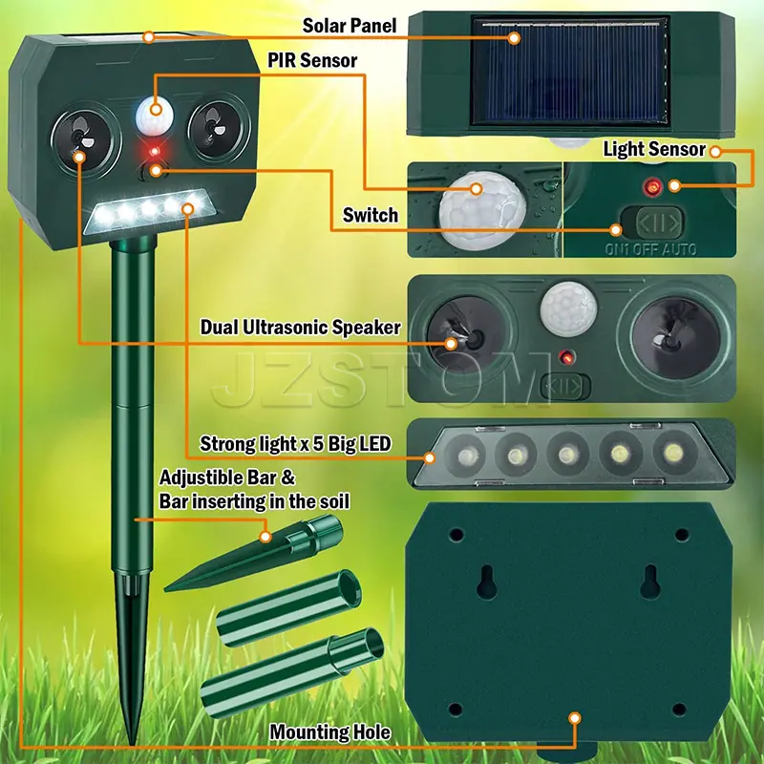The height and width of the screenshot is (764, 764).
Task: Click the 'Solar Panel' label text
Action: (x=350, y=26)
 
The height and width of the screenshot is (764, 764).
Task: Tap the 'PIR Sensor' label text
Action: (x=312, y=60)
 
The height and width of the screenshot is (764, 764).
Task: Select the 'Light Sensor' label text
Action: (x=654, y=150)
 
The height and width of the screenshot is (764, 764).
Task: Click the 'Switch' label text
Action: (x=371, y=215)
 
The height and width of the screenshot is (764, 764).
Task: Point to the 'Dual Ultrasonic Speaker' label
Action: (x=301, y=328)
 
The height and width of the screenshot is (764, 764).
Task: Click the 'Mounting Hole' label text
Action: (x=329, y=732)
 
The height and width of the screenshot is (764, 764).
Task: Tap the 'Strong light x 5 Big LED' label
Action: (x=295, y=444)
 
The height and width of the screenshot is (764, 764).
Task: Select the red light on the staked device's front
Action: (x=155, y=152)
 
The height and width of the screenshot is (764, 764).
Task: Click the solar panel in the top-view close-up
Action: (x=570, y=73)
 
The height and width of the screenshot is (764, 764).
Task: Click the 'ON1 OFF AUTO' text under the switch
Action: (x=650, y=249)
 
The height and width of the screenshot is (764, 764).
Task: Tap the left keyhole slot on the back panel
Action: (x=486, y=582)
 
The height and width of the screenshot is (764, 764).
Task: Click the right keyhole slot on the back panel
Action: (x=650, y=582)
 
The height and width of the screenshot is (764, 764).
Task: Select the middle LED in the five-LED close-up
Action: (x=567, y=456)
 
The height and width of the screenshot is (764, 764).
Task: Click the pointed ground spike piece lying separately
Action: (x=253, y=556)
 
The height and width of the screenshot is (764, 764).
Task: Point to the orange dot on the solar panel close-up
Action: (x=514, y=38)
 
